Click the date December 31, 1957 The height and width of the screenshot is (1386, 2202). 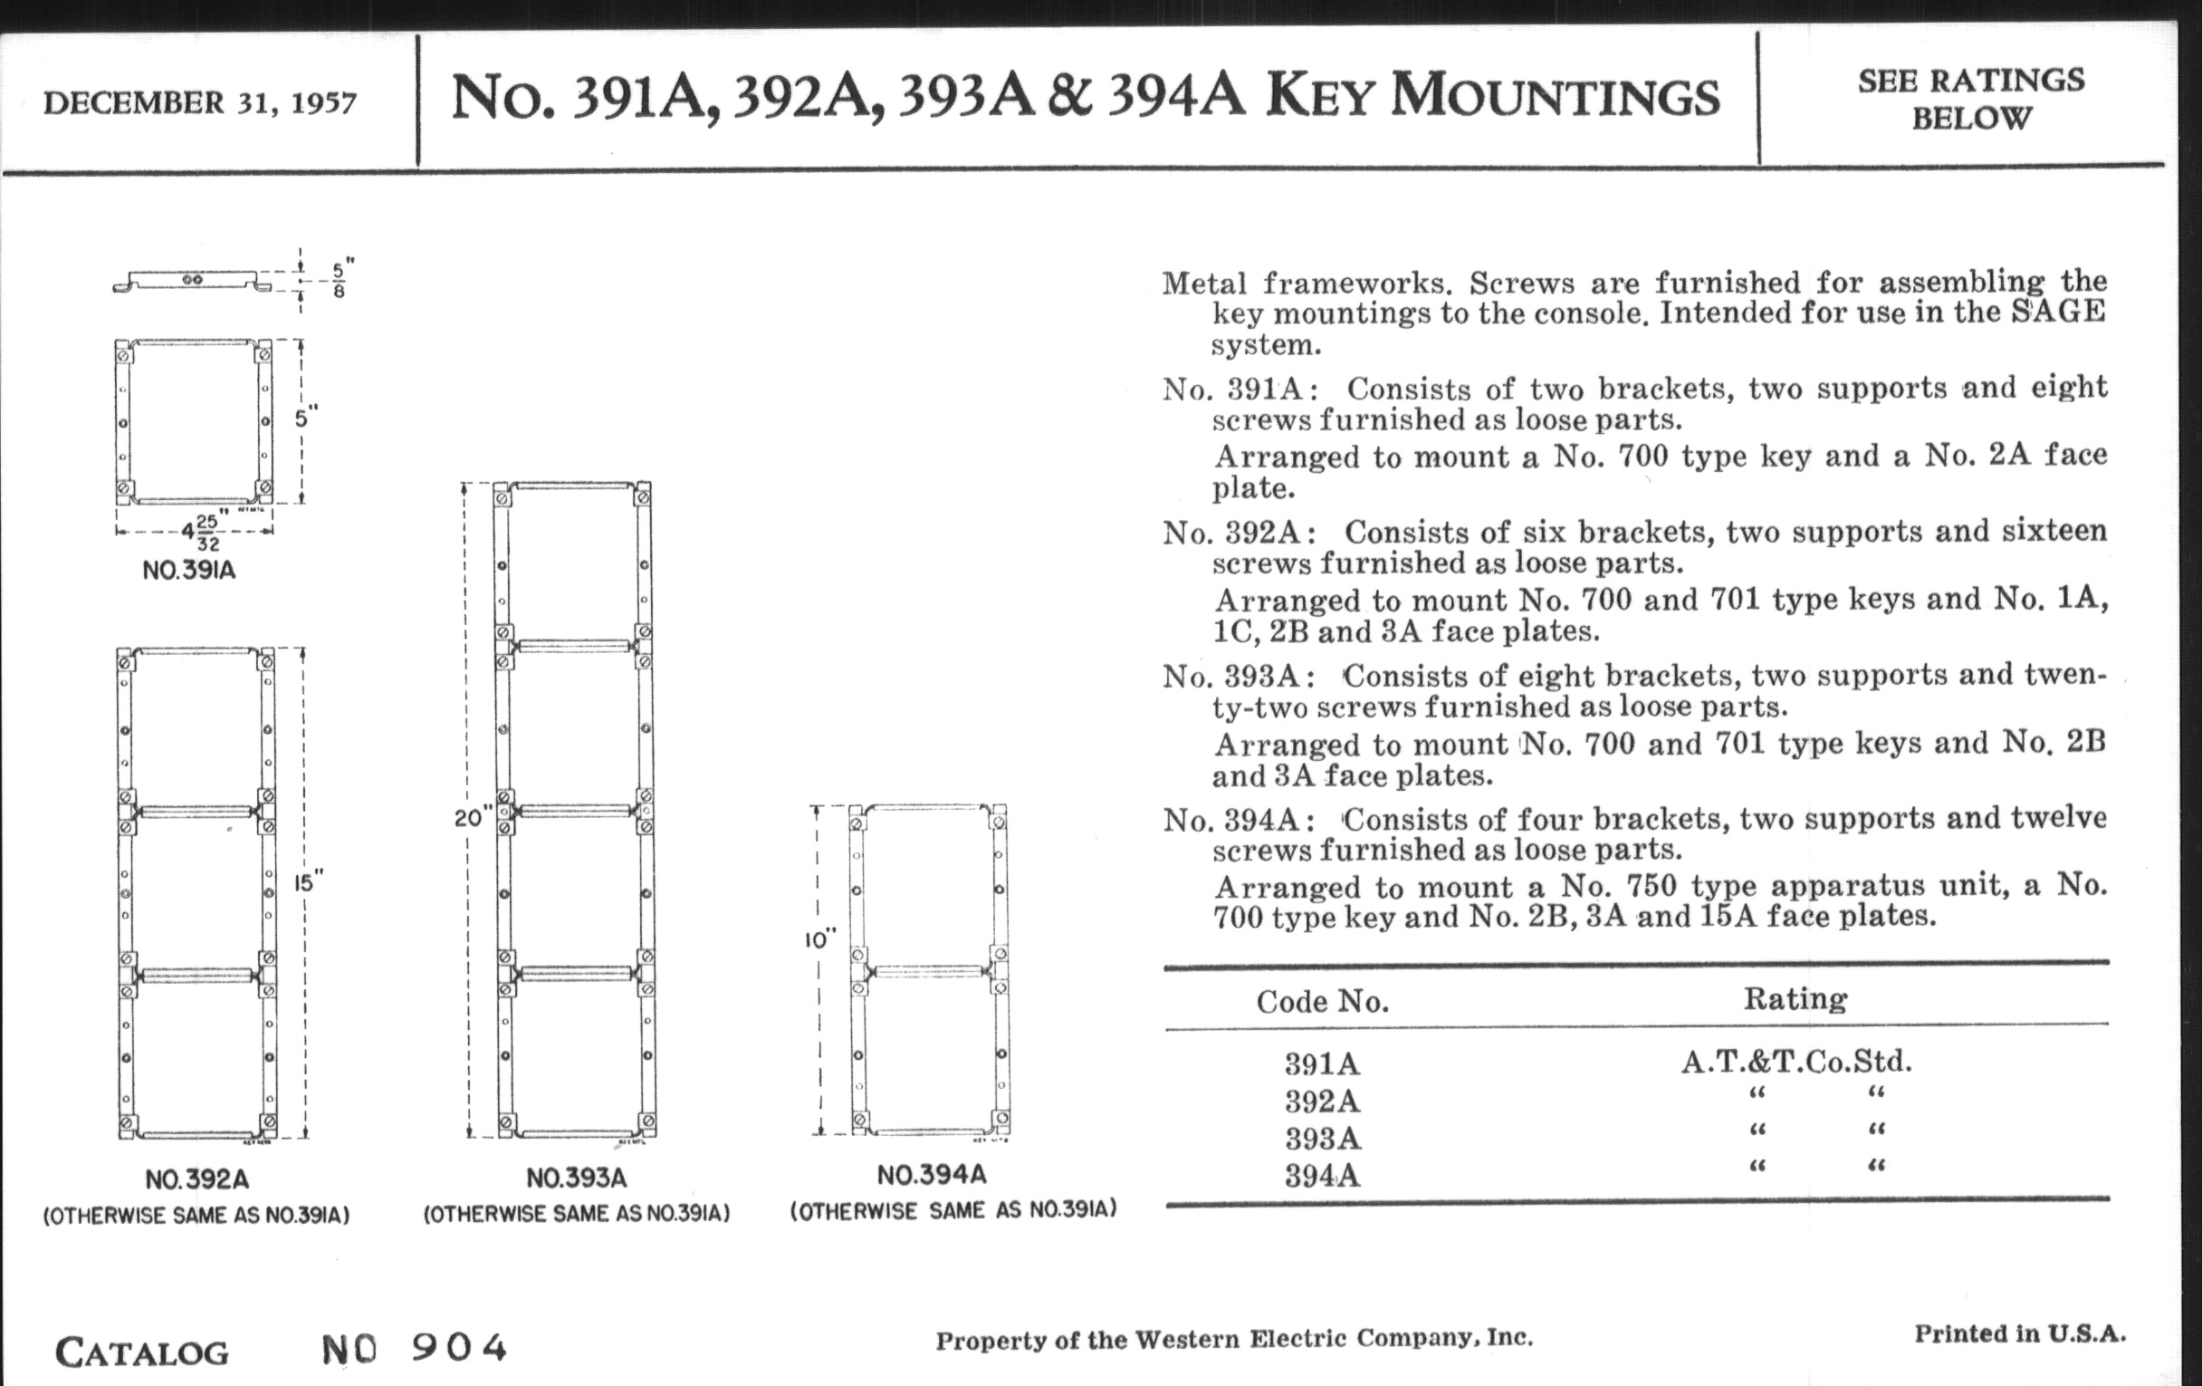[x=199, y=102]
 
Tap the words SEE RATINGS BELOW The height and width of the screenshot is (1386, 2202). [x=1970, y=99]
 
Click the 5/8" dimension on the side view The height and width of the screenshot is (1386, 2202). [x=340, y=280]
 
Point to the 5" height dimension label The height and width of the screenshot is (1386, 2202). [x=306, y=419]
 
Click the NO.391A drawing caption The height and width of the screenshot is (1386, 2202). [x=189, y=571]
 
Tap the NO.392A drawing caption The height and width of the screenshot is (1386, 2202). [x=196, y=1180]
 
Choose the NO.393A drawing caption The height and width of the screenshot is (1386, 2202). [x=576, y=1179]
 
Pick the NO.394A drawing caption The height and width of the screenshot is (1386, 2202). [x=932, y=1176]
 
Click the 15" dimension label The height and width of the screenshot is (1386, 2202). [x=308, y=884]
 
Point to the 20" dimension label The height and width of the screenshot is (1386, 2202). [x=473, y=817]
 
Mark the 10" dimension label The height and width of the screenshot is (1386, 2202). [x=820, y=939]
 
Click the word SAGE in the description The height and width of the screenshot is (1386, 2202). [x=2057, y=311]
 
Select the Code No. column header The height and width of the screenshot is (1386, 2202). [x=1322, y=1002]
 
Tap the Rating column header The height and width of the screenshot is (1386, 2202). [x=1795, y=998]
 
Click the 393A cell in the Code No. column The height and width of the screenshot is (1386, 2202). [x=1322, y=1139]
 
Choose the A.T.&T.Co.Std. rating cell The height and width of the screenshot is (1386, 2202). [x=1796, y=1061]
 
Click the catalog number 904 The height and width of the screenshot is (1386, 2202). [x=459, y=1348]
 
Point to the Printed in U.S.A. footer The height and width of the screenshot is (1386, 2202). [x=2020, y=1333]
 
